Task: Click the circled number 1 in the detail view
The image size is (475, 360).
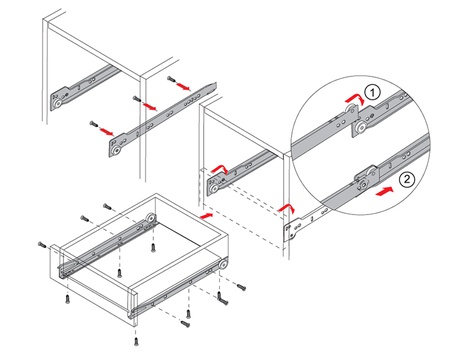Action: point(372,93)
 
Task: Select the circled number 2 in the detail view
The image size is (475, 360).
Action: point(407,180)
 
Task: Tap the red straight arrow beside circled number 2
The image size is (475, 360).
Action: point(384,192)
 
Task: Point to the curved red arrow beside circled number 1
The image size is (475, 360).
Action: point(355,98)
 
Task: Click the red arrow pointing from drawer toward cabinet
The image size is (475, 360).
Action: point(206,215)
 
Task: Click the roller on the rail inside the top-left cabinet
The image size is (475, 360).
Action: point(58,103)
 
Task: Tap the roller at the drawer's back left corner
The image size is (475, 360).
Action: point(151,218)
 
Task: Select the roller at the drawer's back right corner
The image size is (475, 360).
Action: point(223,264)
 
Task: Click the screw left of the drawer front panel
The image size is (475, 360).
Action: point(42,245)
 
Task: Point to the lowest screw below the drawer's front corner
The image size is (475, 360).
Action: point(135,341)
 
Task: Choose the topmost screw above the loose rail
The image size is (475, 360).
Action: point(171,79)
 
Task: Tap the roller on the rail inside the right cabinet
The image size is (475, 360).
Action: point(215,190)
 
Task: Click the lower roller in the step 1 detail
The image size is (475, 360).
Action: point(359,127)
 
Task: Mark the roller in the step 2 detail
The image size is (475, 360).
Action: point(364,184)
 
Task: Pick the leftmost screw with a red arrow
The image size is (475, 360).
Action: point(93,124)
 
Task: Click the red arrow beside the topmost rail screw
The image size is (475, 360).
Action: point(183,87)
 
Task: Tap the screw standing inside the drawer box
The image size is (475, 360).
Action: point(153,248)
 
